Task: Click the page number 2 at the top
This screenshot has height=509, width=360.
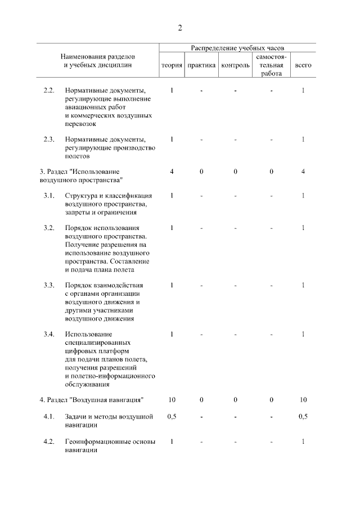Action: pos(180,28)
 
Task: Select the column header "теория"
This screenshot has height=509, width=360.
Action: pos(172,65)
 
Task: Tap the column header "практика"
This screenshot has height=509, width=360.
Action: pos(201,65)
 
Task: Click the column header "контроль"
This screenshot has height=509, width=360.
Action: pos(236,65)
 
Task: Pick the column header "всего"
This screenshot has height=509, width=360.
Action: pos(303,65)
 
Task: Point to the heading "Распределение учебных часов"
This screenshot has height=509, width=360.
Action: pos(237,48)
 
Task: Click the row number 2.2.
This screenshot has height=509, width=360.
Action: pos(49,91)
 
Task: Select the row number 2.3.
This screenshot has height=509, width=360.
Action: pos(49,139)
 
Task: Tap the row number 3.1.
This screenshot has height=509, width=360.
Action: pos(49,195)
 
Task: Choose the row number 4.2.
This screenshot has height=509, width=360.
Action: pos(49,441)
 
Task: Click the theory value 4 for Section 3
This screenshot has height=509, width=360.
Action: pos(172,171)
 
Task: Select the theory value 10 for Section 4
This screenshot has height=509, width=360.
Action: pos(172,400)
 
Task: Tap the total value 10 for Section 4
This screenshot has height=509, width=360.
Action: pos(303,400)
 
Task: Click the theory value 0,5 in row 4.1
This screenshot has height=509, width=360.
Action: pos(172,417)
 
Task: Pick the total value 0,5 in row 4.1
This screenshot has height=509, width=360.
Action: pos(303,417)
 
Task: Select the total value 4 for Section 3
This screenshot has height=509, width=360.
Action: pos(303,171)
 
